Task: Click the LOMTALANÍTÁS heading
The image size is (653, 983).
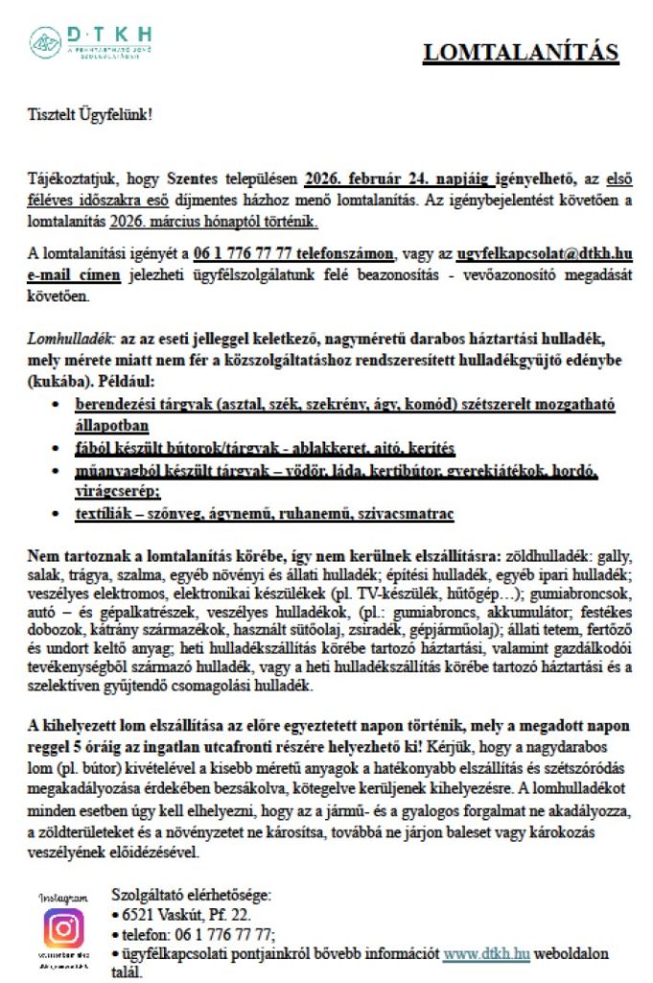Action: pyautogui.click(x=521, y=53)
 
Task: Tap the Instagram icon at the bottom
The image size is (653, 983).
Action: pyautogui.click(x=63, y=927)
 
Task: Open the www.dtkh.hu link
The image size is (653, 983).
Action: pyautogui.click(x=486, y=954)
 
